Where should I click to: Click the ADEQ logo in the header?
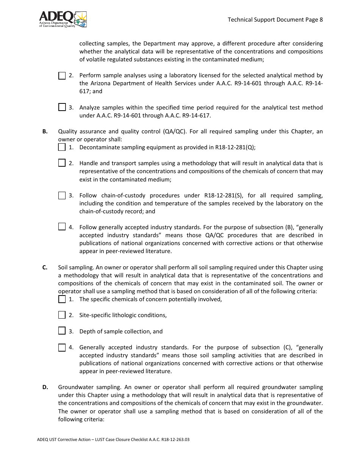[63, 19]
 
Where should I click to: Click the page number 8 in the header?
[321, 20]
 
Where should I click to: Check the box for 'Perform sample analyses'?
[62, 76]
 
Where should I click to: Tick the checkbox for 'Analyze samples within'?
[62, 108]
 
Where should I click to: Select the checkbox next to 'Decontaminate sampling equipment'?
[62, 147]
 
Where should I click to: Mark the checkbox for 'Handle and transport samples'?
[62, 163]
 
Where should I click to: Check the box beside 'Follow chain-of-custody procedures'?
[62, 195]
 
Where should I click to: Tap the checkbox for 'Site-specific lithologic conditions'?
[62, 315]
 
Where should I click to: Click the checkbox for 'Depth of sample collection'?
[62, 331]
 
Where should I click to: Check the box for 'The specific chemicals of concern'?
[62, 299]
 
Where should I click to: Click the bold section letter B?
[45, 131]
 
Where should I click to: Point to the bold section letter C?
[45, 267]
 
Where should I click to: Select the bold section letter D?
[45, 387]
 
